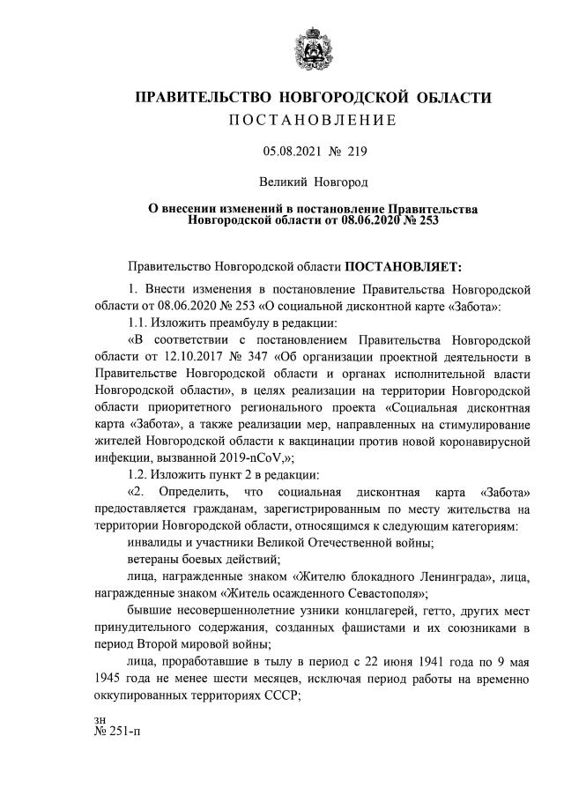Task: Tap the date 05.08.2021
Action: pos(292,152)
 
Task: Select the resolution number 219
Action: pos(355,152)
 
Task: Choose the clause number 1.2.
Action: pos(143,474)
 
